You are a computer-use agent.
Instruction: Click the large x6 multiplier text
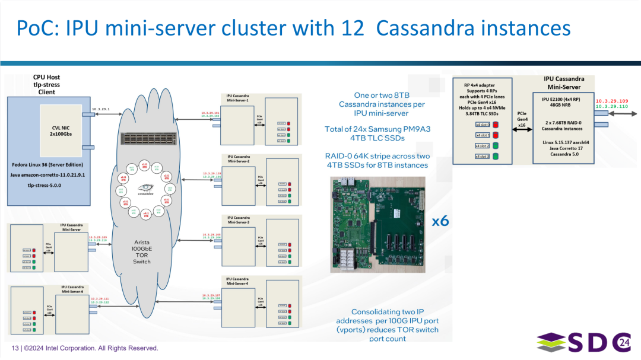440,221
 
